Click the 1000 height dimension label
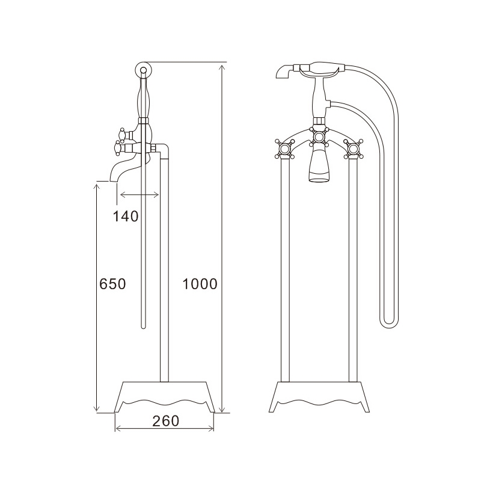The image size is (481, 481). pyautogui.click(x=200, y=284)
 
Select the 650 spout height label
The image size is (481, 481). pyautogui.click(x=112, y=284)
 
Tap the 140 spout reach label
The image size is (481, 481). pyautogui.click(x=126, y=216)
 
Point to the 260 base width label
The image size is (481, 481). pyautogui.click(x=166, y=421)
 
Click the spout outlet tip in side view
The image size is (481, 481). pyautogui.click(x=113, y=181)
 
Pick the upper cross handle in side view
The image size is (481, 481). pyautogui.click(x=123, y=134)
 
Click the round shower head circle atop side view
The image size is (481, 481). pyautogui.click(x=143, y=69)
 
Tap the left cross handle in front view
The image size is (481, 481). pyautogui.click(x=284, y=149)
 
